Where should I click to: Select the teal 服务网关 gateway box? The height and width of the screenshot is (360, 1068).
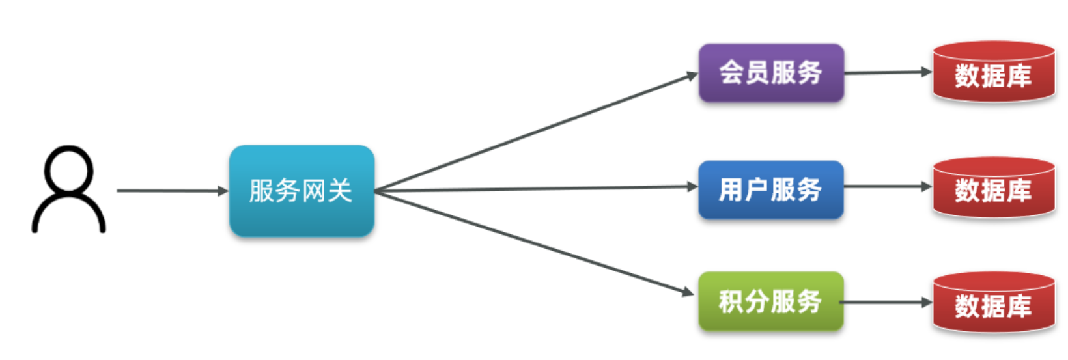pos(302,190)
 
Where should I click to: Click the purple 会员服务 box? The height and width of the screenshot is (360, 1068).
pos(771,72)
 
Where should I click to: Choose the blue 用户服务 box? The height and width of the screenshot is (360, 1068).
pos(771,189)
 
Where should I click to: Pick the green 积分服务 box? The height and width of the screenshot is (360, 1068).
pos(771,301)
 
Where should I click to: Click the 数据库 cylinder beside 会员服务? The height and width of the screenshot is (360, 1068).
pos(994,73)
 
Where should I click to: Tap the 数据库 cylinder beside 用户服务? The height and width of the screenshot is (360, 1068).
pos(994,189)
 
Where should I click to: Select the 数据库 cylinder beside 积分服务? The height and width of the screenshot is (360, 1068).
pos(994,303)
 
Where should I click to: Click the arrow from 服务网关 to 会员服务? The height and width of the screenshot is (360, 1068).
pos(534,133)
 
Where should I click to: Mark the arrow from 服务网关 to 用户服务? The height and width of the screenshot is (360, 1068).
pos(534,189)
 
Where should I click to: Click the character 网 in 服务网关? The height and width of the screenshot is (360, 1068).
pos(314,191)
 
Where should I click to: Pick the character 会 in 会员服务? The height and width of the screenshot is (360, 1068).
pos(731,72)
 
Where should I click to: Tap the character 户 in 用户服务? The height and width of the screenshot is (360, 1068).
pos(757,189)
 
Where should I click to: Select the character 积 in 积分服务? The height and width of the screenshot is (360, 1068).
pos(731,301)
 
